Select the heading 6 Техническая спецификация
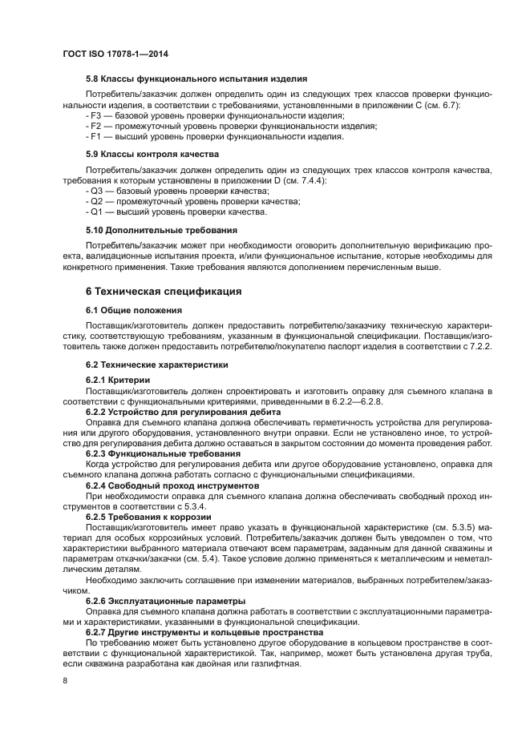click(x=164, y=291)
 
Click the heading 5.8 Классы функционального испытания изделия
click(x=196, y=79)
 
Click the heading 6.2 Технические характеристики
click(x=158, y=364)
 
